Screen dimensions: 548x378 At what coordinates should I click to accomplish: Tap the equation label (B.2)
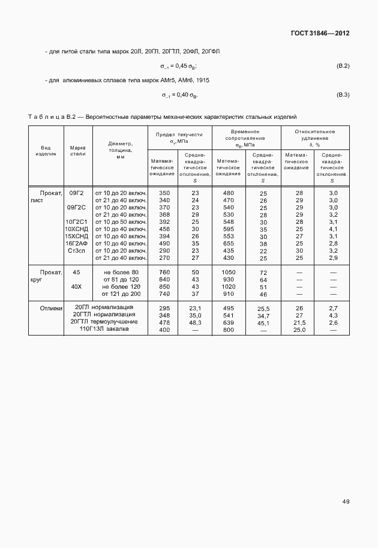[343, 65]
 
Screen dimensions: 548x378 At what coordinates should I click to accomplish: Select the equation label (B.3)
[343, 95]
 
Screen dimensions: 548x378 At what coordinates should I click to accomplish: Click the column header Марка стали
[78, 151]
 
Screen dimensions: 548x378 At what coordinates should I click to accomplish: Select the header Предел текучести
[179, 137]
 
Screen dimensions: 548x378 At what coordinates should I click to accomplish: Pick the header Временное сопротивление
[245, 137]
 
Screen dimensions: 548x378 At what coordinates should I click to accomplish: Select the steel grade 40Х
[77, 287]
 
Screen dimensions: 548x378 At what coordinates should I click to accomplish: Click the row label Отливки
[51, 309]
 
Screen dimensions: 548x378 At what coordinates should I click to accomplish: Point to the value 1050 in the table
[229, 272]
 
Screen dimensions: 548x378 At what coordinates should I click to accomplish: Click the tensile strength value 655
[229, 244]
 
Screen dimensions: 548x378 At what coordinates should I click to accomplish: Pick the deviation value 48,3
[195, 323]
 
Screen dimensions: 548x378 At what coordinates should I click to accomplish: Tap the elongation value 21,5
[299, 323]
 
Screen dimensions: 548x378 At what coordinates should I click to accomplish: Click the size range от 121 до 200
[121, 294]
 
